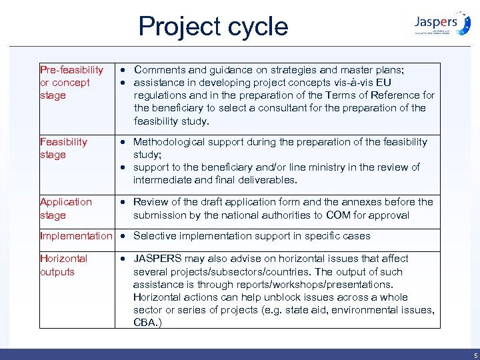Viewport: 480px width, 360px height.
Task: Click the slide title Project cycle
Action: tap(213, 26)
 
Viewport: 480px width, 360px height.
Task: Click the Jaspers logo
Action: tap(441, 23)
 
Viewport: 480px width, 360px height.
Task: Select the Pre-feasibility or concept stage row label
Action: tap(72, 83)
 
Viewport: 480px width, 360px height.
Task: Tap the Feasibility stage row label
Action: tap(63, 148)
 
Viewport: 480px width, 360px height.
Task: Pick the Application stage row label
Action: tap(66, 208)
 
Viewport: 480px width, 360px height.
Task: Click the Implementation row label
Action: tap(76, 236)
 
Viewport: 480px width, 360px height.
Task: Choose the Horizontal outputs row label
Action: tap(63, 265)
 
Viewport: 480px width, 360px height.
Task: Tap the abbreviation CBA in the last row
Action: tap(146, 323)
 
